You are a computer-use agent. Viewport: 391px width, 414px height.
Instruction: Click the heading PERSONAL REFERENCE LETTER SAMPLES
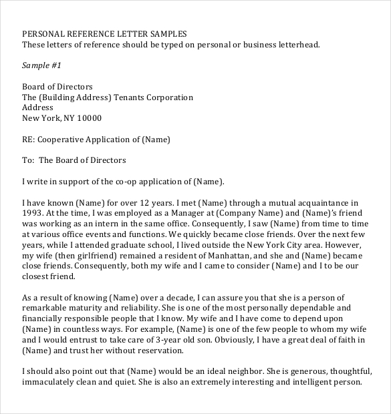tap(105, 34)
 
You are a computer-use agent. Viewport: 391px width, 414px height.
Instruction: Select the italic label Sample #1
tap(41, 65)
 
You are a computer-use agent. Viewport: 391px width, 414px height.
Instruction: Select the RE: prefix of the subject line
tap(29, 140)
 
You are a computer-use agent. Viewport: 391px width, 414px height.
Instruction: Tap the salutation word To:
tap(28, 160)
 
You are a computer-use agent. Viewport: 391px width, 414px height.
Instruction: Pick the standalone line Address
tap(37, 108)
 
